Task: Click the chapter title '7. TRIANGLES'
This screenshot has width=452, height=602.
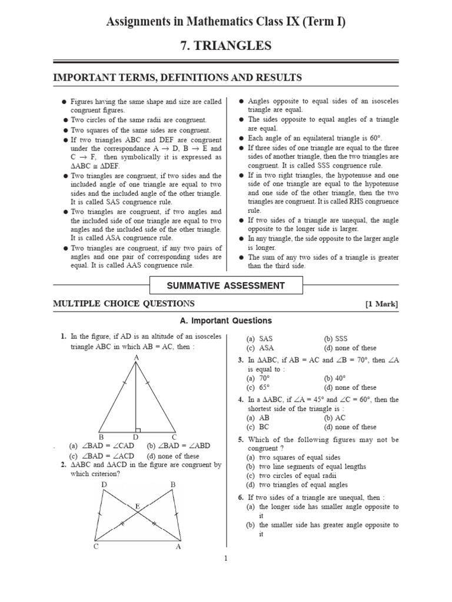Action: [225, 46]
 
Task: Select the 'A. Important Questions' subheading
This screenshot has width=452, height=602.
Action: [225, 321]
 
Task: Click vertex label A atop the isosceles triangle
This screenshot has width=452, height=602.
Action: [136, 357]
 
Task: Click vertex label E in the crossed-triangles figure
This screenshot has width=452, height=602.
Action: [138, 506]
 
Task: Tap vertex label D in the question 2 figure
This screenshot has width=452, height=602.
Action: [104, 484]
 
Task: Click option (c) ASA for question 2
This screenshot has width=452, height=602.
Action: [260, 348]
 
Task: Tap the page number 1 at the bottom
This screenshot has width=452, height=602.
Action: [225, 558]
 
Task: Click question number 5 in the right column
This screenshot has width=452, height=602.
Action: [241, 440]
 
